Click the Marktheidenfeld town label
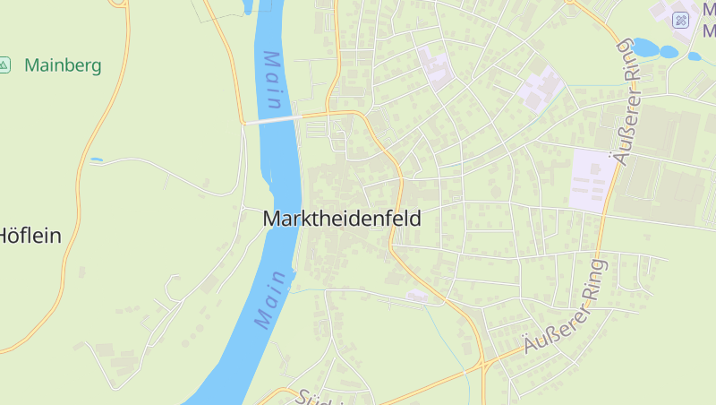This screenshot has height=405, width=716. coord(342,218)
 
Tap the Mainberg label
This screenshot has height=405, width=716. coord(63,65)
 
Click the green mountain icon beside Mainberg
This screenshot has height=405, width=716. coord(4,65)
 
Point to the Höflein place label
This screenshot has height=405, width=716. coord(29,236)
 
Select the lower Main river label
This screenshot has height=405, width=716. coord(275,299)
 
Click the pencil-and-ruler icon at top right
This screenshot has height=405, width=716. coord(681,20)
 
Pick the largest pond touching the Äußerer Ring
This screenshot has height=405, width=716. coord(645,47)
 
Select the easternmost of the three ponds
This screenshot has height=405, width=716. coord(695,56)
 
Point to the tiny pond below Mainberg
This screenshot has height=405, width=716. coord(97,159)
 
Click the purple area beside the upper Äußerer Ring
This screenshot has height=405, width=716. coord(591,179)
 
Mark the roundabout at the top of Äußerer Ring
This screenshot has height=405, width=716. coord(569,2)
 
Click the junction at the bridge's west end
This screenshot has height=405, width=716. coord(243,123)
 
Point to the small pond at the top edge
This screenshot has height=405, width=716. coord(248,7)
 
